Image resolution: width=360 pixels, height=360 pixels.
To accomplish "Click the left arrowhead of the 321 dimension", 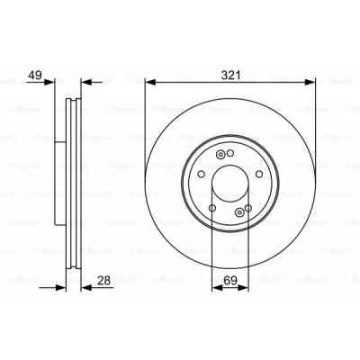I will (150, 82).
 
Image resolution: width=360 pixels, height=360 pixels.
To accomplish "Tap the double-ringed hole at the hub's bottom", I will (238, 212).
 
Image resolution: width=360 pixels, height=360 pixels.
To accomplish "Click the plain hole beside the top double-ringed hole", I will (229, 155).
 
